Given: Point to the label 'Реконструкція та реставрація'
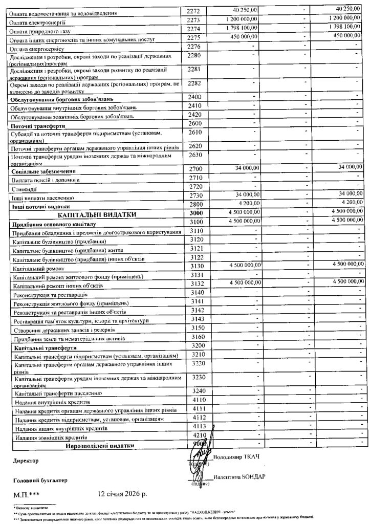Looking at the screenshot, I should pos(51,295).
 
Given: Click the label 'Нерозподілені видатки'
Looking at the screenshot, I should pos(99,446).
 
